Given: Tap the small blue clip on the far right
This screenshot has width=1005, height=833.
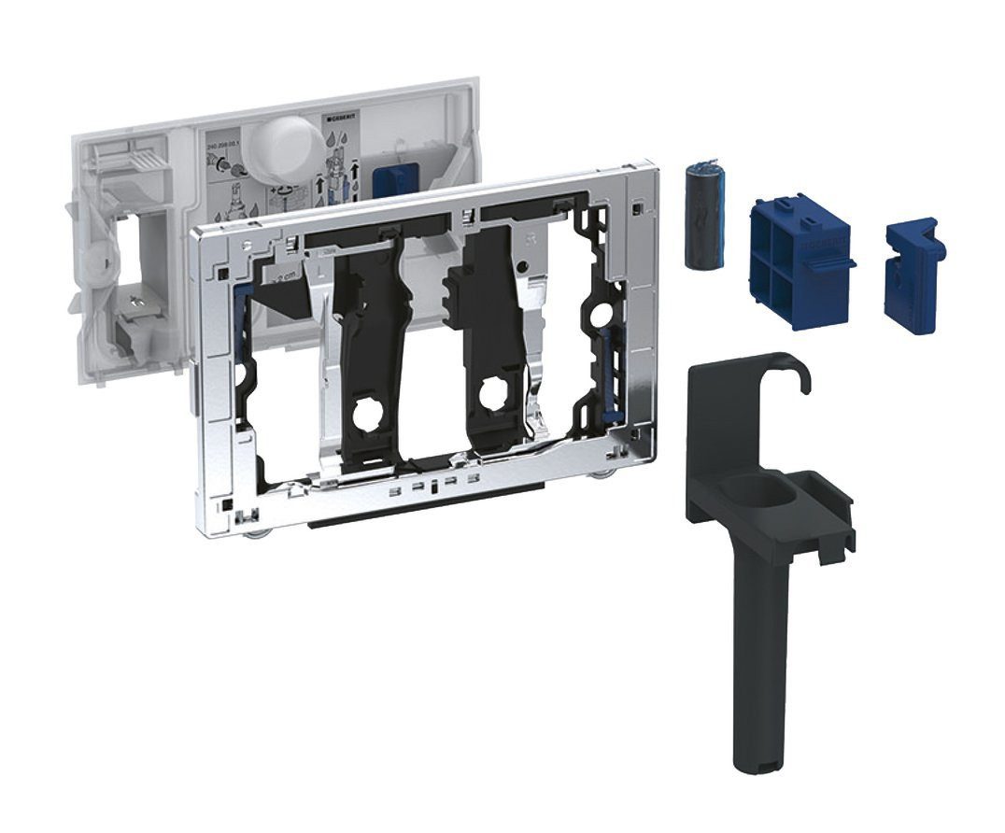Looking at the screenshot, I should point(913,263).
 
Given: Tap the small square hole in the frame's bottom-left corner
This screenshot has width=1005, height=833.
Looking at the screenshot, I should point(226,503).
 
